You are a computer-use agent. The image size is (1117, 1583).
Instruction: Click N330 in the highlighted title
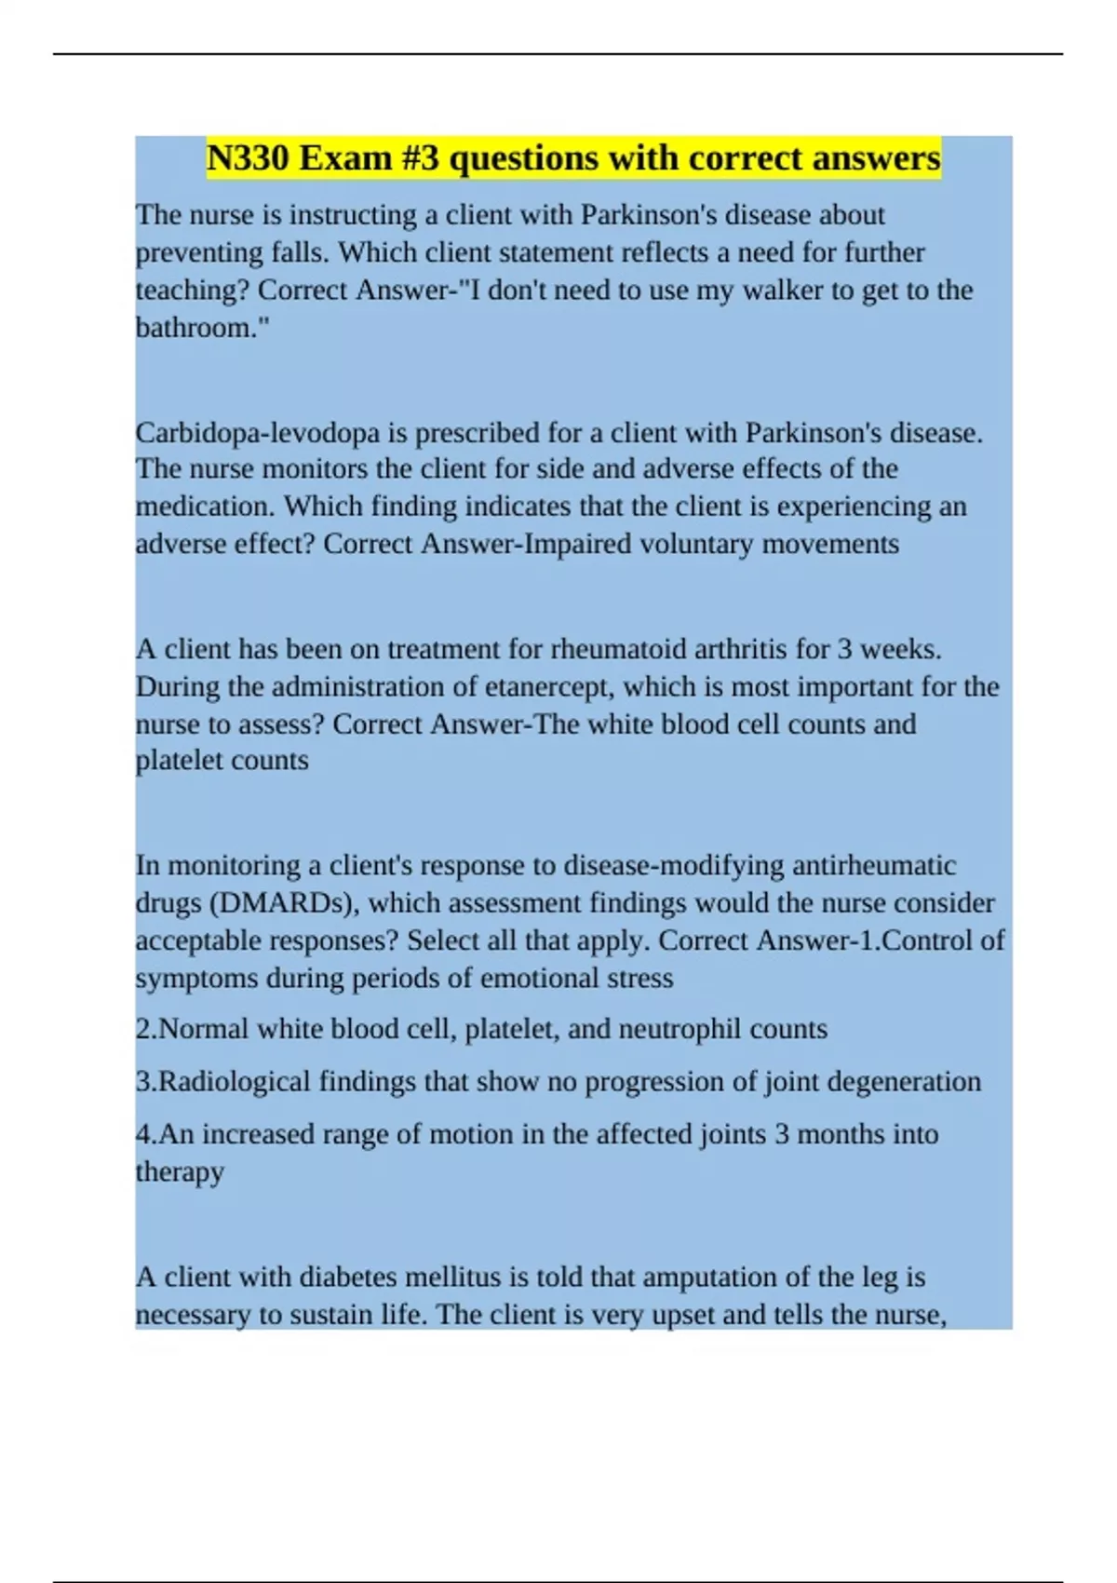(247, 158)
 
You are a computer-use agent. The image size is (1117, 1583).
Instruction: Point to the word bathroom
(192, 327)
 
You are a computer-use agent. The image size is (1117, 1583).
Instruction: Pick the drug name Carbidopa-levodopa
(257, 433)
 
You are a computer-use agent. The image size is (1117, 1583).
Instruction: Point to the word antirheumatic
(874, 865)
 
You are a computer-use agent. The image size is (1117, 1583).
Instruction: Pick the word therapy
(180, 1171)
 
